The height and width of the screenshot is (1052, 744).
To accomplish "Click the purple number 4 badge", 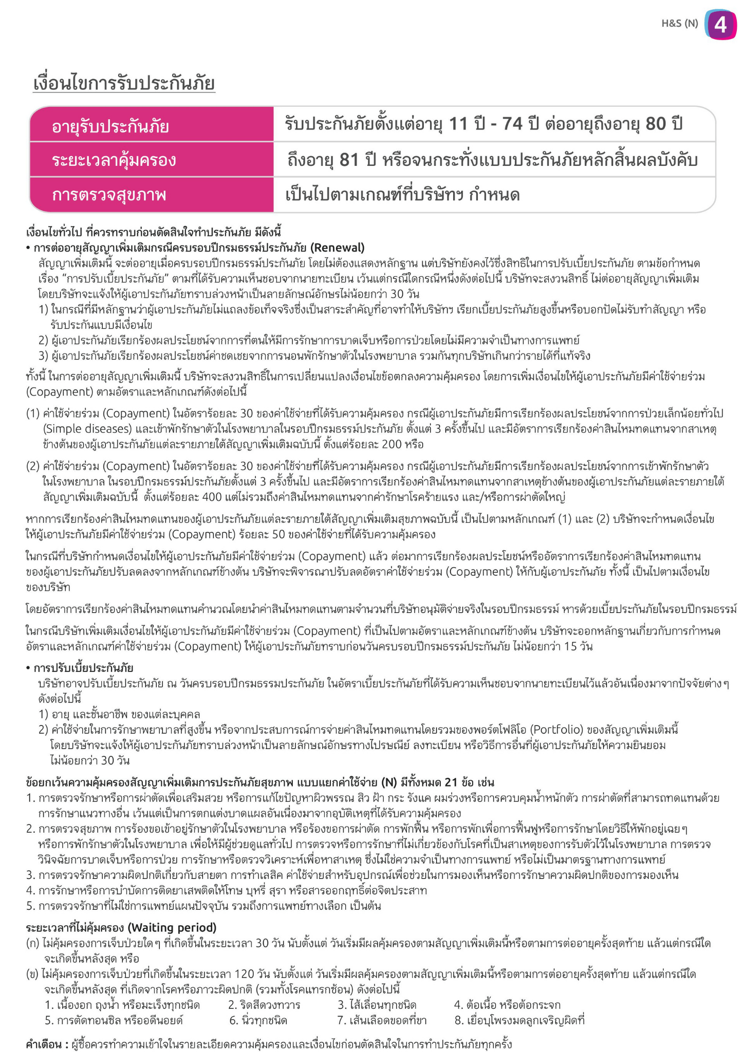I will pos(721,24).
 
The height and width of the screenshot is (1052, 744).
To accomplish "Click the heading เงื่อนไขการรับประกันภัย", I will pos(124,84).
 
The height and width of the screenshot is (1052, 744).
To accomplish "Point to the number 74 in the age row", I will pos(512,124).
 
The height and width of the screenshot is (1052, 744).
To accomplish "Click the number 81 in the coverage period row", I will pos(349,160).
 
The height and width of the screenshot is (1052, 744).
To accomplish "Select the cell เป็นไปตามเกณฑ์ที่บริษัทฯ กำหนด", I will pos(402,195).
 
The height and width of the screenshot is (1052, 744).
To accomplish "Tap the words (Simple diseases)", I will pos(85,428).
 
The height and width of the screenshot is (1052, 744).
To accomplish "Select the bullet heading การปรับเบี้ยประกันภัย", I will pos(83,668).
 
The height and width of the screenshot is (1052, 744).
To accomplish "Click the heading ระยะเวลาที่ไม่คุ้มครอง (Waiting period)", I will pos(121,927).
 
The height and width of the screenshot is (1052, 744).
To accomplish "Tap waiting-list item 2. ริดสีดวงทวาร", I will pos(264,1005).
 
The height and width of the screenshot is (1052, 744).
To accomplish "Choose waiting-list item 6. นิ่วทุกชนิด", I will pos(258,1020).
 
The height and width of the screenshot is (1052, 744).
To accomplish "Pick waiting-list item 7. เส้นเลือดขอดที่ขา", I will pos(382,1020).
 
